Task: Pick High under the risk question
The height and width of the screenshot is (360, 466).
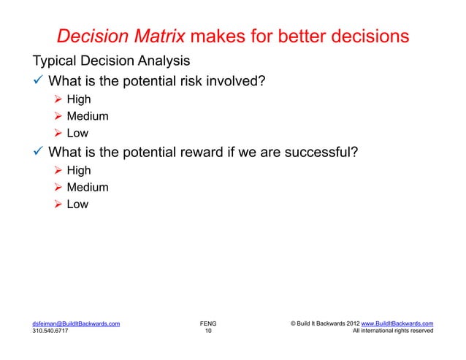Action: click(78, 99)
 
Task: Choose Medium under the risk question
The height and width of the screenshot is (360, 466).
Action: click(87, 116)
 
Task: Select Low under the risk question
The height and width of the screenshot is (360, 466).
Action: click(77, 134)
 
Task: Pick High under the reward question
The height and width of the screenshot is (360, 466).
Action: click(78, 170)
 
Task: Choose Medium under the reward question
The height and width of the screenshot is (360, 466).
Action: click(87, 188)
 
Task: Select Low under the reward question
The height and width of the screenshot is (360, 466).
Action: click(77, 204)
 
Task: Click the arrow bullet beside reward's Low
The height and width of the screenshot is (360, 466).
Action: click(58, 205)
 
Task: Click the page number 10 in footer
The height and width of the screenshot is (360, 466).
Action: click(208, 331)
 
